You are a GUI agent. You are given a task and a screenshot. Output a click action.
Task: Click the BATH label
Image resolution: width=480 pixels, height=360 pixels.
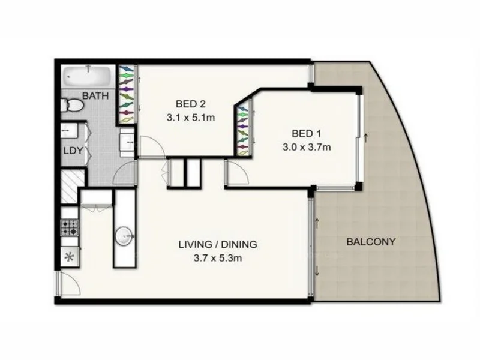(95, 96)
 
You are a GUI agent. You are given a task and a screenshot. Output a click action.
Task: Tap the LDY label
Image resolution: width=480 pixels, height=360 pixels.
(74, 151)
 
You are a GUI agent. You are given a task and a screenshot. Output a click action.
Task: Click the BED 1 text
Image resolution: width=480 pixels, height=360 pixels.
(307, 133)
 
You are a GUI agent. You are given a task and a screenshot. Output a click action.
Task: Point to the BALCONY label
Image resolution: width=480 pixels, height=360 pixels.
(371, 242)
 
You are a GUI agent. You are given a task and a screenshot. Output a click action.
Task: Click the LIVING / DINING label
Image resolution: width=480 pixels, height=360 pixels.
(217, 244)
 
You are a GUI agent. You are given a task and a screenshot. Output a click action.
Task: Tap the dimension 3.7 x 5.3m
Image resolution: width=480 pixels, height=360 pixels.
(217, 259)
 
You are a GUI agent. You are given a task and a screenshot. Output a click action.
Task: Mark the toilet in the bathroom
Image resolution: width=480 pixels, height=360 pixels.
(73, 105)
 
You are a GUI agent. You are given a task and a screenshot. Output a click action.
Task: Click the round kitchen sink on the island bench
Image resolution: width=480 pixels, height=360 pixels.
(126, 235)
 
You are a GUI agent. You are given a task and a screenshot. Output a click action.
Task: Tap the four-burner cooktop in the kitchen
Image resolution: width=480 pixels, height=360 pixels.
(69, 228)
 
